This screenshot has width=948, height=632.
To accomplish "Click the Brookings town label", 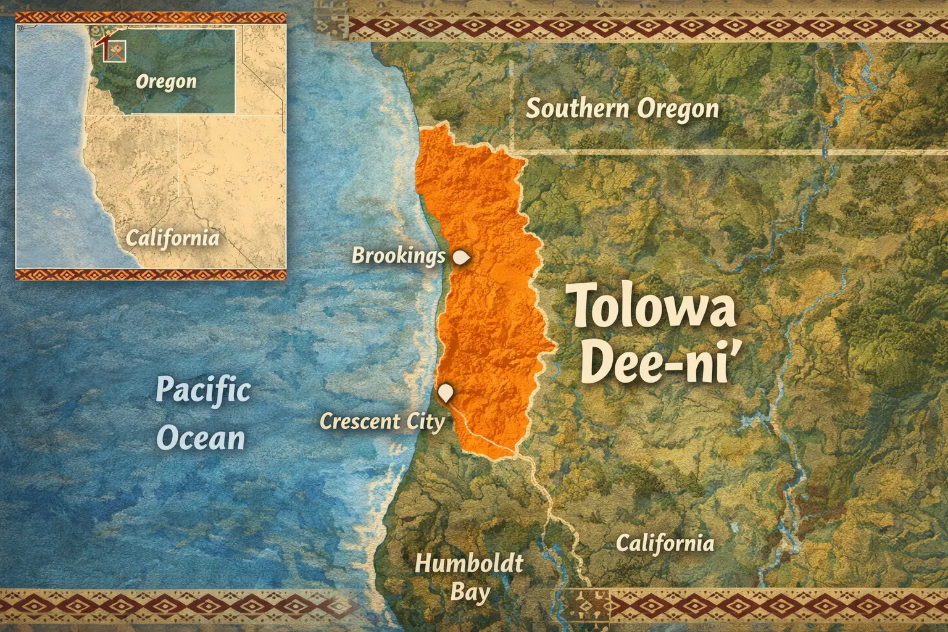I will point(398,255).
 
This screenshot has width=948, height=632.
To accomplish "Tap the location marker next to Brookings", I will point(461,257).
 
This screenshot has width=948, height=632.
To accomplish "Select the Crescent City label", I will point(382,422).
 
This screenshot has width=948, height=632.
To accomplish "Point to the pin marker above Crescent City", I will point(446,393).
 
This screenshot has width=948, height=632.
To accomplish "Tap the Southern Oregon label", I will point(622,109).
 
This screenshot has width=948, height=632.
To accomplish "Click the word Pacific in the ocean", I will point(202,390).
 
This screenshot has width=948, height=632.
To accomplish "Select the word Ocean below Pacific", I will point(201,438).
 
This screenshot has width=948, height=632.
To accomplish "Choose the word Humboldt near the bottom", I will point(469,563).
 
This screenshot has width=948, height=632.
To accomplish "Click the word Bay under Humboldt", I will point(470,592).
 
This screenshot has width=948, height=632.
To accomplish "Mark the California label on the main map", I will point(665,543).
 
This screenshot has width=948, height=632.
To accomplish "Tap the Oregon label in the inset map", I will point(166,81).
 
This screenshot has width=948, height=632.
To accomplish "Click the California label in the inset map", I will point(172,238).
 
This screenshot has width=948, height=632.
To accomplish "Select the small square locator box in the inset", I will point(115,51).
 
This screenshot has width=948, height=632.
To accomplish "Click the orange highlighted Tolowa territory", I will point(488,296).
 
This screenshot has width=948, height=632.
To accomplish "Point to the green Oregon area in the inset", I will point(185,56).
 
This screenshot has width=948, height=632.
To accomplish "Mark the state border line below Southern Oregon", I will point(710,150).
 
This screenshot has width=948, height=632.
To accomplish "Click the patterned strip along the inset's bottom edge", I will point(151,275).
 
